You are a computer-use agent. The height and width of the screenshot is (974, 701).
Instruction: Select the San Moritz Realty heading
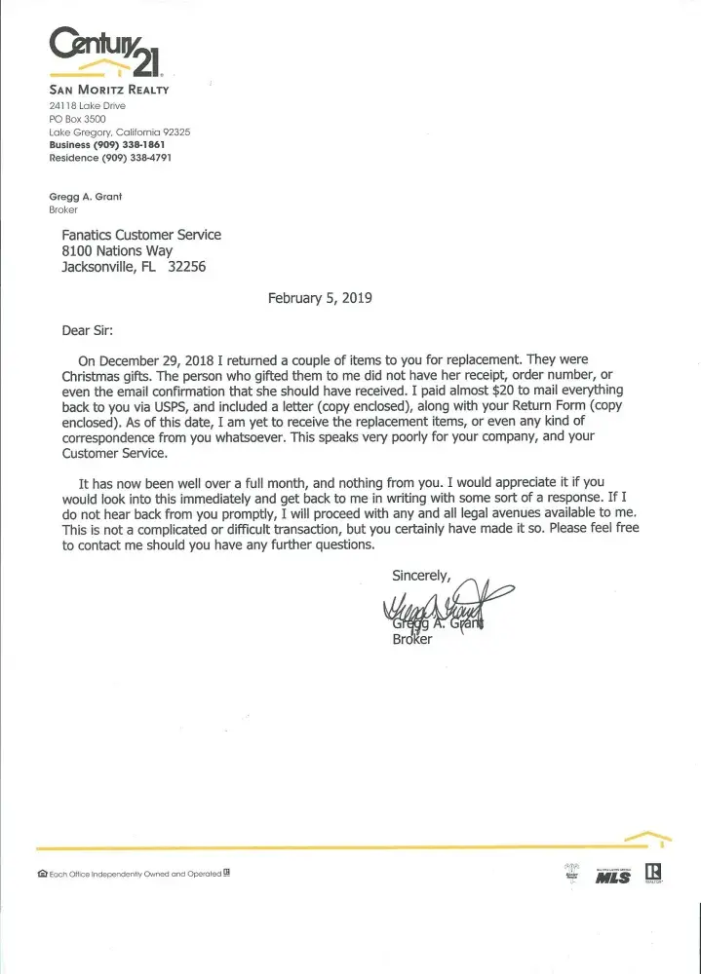(109, 91)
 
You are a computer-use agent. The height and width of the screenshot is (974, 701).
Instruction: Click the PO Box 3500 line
(77, 118)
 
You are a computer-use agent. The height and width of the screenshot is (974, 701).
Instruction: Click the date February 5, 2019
(320, 298)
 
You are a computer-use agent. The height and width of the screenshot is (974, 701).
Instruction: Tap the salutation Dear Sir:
(94, 329)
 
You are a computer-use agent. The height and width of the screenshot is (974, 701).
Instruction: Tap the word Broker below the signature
(411, 640)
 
